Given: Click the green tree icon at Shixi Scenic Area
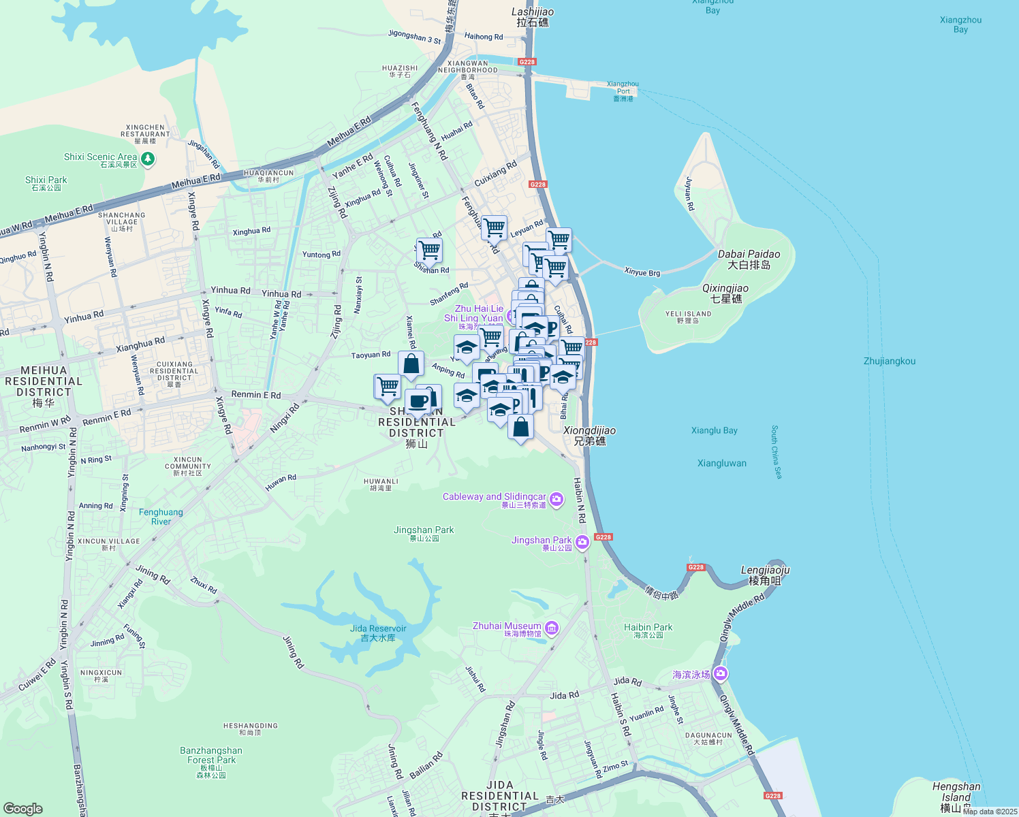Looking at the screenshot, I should pos(147,159).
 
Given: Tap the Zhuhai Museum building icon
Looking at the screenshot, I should pos(552,628).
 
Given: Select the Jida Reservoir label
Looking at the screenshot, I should pos(378,632).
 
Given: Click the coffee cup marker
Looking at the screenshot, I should pos(418,402).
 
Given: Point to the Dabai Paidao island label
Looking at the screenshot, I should pos(749,259).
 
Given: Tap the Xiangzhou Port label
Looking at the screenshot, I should pos(623,91).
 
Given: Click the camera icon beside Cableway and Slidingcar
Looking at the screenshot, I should pos(556,500).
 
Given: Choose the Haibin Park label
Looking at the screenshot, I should pos(648,630).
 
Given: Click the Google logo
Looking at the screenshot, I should pos(22,808).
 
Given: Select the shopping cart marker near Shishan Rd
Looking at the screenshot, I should pos(429,251).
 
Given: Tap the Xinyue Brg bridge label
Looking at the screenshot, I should pos(642,272).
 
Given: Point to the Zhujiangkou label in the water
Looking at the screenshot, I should pos(889,362).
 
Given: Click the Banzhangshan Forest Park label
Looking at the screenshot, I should pos(211,760).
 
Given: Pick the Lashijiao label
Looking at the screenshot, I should pos(533,17).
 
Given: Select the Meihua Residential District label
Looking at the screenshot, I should pos(43,386).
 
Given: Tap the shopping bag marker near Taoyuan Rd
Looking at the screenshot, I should pos(411,364).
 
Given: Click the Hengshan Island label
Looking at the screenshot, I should pos(956,797).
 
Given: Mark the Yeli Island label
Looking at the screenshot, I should pos(688,317).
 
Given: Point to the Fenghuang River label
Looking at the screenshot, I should pos(161,517).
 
